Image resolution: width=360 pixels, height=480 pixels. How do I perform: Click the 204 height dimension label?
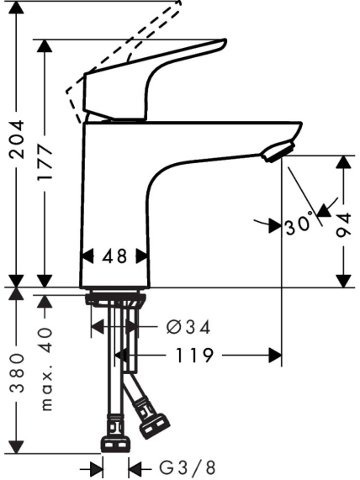[x=17, y=140]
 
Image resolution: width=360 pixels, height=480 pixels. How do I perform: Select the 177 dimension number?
[x=45, y=163]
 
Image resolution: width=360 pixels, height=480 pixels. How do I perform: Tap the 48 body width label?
[x=114, y=256]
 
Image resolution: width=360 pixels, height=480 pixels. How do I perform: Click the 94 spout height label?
[x=343, y=225]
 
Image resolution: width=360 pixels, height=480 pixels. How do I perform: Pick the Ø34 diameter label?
[x=188, y=327]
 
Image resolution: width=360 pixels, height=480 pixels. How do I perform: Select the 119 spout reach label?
[x=193, y=356]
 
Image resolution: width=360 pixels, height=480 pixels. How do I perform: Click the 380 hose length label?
[x=17, y=372]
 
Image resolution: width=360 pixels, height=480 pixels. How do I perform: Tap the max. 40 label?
[x=46, y=369]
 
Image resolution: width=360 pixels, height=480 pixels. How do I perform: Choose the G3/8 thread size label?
[x=188, y=467]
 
